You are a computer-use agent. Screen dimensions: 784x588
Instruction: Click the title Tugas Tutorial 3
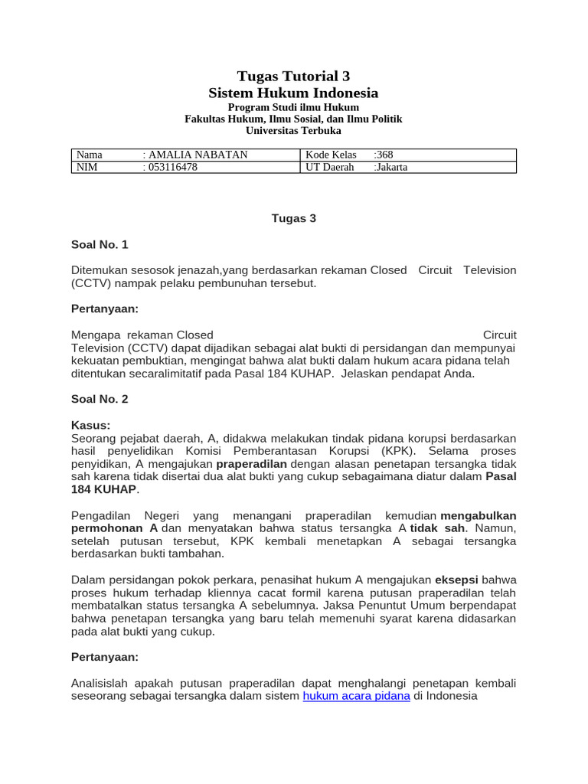pyautogui.click(x=293, y=76)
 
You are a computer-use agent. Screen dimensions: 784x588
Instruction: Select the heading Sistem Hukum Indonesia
pyautogui.click(x=293, y=93)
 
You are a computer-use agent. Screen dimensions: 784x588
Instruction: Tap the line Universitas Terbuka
pyautogui.click(x=293, y=131)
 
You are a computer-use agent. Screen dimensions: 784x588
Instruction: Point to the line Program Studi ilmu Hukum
pyautogui.click(x=293, y=108)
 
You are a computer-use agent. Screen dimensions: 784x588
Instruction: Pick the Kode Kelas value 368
pyautogui.click(x=384, y=155)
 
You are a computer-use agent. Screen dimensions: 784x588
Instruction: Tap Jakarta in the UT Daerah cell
pyautogui.click(x=392, y=167)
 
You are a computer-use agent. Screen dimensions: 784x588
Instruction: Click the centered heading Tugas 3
pyautogui.click(x=293, y=218)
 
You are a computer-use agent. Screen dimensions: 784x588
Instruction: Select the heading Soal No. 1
pyautogui.click(x=100, y=245)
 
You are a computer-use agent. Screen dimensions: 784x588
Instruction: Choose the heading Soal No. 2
pyautogui.click(x=100, y=399)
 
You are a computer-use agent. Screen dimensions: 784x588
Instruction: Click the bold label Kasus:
pyautogui.click(x=90, y=425)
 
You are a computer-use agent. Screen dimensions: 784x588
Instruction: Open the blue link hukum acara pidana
pyautogui.click(x=357, y=696)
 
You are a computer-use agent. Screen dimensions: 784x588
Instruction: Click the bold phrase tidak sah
pyautogui.click(x=437, y=529)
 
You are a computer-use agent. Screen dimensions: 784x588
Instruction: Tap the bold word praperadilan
pyautogui.click(x=251, y=464)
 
